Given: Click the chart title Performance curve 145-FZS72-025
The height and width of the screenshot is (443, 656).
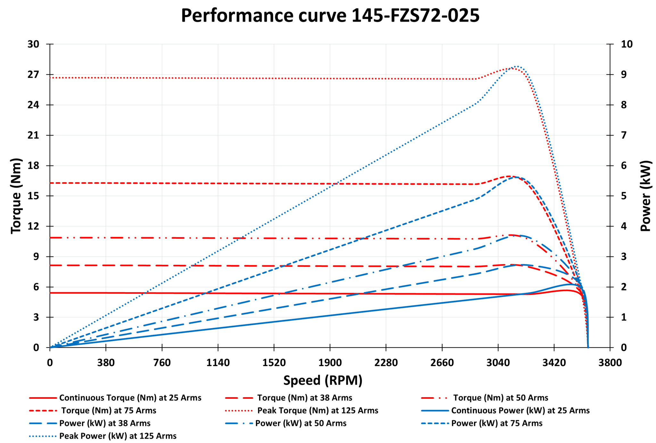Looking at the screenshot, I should pyautogui.click(x=330, y=15).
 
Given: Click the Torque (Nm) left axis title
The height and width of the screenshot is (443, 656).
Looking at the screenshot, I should pyautogui.click(x=16, y=196).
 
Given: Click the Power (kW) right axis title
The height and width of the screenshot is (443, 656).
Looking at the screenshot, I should pyautogui.click(x=645, y=196).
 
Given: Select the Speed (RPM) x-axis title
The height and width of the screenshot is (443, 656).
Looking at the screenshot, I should pyautogui.click(x=323, y=380).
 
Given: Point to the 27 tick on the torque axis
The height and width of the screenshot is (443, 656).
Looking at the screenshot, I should pyautogui.click(x=33, y=75).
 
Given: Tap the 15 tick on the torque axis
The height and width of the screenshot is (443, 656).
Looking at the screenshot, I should pyautogui.click(x=33, y=196).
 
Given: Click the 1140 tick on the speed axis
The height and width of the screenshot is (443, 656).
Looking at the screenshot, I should pyautogui.click(x=218, y=363).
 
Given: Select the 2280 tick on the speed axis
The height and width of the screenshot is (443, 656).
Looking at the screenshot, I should pyautogui.click(x=386, y=363).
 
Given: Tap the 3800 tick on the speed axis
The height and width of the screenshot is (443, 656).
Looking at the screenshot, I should pyautogui.click(x=610, y=363).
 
